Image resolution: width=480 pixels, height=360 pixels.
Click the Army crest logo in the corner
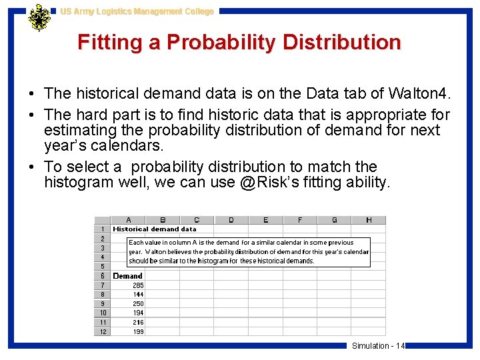click(39, 17)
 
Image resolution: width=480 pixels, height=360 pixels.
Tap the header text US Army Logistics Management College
click(137, 11)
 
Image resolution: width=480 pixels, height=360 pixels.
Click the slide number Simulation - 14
click(378, 345)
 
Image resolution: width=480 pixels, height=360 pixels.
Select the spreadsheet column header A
click(128, 220)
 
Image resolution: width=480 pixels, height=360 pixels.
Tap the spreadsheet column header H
click(369, 220)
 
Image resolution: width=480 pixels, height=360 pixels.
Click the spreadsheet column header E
click(265, 220)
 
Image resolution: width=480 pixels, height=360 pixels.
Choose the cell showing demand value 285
click(138, 285)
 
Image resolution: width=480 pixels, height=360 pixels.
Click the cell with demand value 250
click(138, 304)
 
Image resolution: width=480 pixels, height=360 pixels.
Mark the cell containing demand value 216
click(138, 323)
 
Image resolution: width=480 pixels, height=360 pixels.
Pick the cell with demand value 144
click(138, 295)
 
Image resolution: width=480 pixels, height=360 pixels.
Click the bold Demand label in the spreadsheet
click(128, 276)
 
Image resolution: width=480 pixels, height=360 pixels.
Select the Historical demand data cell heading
click(155, 229)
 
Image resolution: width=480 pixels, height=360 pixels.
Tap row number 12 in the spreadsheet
click(103, 332)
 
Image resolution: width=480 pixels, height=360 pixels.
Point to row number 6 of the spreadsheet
click(103, 276)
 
